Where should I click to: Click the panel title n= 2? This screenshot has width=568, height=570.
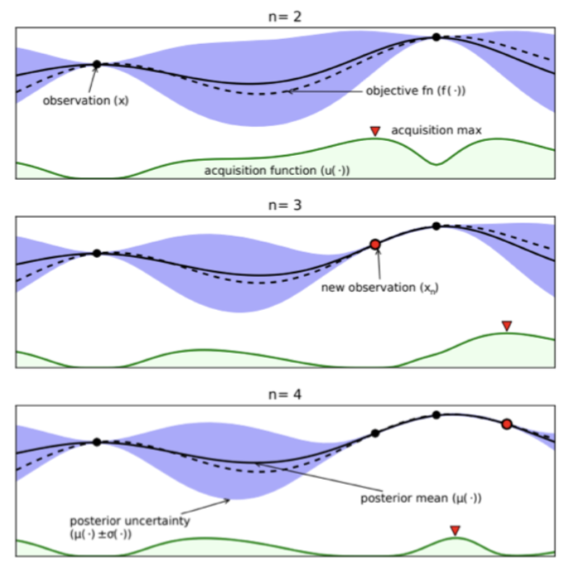click(285, 17)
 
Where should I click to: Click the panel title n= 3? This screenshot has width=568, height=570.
click(285, 205)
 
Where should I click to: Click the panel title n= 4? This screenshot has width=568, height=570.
click(285, 394)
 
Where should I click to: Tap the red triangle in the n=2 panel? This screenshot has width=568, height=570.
click(375, 131)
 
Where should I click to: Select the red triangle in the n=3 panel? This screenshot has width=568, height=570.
click(507, 326)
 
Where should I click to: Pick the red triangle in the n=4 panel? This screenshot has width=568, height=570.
click(455, 530)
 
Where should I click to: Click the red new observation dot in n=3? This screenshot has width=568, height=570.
click(375, 244)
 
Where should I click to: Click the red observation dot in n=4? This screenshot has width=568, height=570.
click(507, 424)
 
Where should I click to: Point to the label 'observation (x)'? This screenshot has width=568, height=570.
click(86, 101)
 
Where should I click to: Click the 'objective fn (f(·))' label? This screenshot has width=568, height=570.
click(416, 90)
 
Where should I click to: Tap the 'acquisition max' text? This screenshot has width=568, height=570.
click(436, 130)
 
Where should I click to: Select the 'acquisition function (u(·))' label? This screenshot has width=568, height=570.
click(277, 171)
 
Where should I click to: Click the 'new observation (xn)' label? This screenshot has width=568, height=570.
click(380, 287)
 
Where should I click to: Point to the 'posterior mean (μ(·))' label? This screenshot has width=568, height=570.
click(421, 498)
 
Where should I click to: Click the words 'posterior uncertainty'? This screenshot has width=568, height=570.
click(130, 521)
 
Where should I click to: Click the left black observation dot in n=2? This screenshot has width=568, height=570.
click(97, 65)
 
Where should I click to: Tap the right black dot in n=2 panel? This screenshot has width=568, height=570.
click(436, 37)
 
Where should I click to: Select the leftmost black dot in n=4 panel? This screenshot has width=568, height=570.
click(97, 442)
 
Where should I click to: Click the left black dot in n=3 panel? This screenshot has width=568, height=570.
click(97, 253)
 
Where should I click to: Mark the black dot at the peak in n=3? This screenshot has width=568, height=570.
click(436, 226)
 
